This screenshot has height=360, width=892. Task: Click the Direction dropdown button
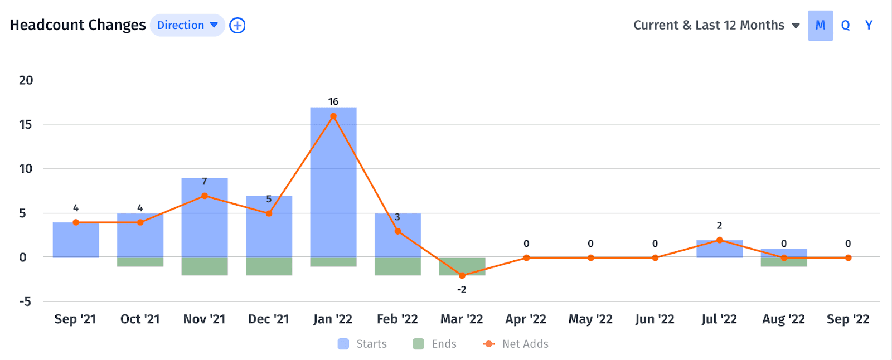pos(187,25)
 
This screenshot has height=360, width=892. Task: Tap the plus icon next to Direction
pos(237,25)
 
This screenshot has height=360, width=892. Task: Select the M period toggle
pos(820,25)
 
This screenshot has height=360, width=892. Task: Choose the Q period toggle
pos(845,25)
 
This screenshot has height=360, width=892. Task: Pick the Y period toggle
pos(869,25)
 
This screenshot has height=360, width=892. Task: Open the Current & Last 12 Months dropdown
pos(716,25)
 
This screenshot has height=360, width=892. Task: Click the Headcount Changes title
pos(77,25)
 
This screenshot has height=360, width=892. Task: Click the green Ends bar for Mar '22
pos(462,266)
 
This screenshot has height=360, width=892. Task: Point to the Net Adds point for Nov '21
pos(205,196)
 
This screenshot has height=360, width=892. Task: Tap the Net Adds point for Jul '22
pos(719,240)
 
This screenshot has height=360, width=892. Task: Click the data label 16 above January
pos(333,101)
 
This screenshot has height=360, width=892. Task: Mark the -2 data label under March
pos(462,290)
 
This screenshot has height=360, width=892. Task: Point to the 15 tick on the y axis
pos(26,124)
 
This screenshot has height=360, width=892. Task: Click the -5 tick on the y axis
pos(25,301)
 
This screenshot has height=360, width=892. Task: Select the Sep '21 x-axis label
pos(75,319)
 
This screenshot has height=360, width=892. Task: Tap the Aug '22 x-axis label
pos(783,319)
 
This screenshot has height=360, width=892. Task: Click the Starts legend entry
pos(362,344)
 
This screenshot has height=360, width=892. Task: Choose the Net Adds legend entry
pos(516,344)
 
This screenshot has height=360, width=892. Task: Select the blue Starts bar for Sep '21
pos(76,240)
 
